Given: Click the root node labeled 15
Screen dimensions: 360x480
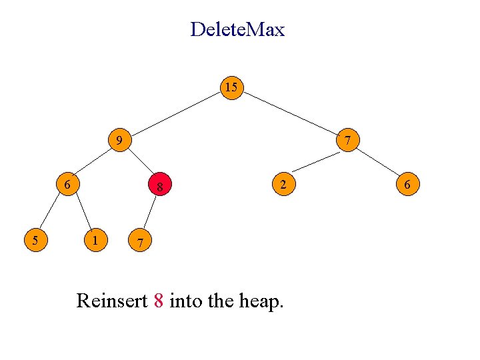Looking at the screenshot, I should pyautogui.click(x=231, y=88).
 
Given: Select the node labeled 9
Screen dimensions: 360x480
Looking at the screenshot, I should pyautogui.click(x=119, y=141).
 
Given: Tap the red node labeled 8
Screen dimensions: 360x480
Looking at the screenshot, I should pyautogui.click(x=160, y=187).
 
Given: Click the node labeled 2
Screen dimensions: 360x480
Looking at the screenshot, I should pyautogui.click(x=283, y=183).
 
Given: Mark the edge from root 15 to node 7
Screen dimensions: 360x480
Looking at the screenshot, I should pyautogui.click(x=290, y=114).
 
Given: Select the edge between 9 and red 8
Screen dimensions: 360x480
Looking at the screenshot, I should pyautogui.click(x=139, y=164).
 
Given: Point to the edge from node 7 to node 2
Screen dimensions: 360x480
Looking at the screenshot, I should pyautogui.click(x=316, y=162).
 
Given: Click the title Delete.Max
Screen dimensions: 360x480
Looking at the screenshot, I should pyautogui.click(x=237, y=29).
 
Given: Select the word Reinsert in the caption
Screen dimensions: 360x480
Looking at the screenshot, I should pyautogui.click(x=112, y=301).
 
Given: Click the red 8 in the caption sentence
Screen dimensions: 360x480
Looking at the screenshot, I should pyautogui.click(x=158, y=301).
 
